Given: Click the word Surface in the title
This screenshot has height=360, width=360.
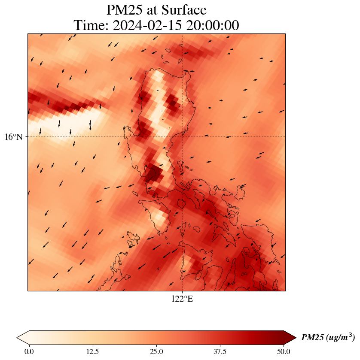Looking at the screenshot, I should [x=185, y=10].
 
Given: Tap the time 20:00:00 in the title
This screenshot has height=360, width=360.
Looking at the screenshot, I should [x=211, y=25].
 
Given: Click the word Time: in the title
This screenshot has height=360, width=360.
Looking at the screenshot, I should [x=92, y=25].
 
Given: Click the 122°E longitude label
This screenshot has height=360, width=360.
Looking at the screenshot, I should [x=182, y=299].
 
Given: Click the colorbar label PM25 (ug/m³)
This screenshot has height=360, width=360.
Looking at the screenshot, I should [x=328, y=338].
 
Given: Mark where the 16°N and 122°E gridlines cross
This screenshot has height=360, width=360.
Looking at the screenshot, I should [x=182, y=136].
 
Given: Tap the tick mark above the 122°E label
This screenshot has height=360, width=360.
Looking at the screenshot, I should [x=182, y=292].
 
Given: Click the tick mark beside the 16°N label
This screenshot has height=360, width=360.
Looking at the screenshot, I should [x=27, y=136].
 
